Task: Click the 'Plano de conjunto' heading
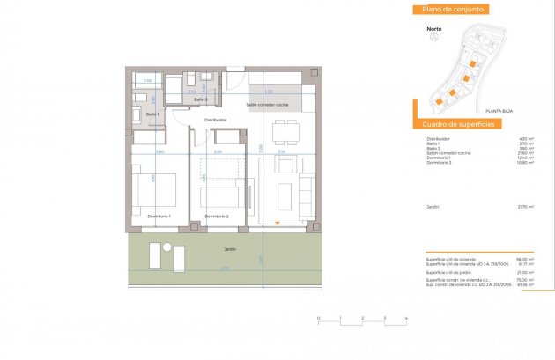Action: tap(453, 10)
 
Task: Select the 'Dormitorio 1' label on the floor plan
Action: tap(158, 216)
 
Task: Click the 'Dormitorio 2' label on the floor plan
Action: tap(217, 216)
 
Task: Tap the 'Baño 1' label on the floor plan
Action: tap(152, 114)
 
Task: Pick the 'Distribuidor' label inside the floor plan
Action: tap(216, 120)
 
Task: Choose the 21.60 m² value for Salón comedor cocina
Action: tap(526, 153)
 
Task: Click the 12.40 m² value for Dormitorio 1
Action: tap(526, 158)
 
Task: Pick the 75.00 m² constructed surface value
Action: tap(526, 279)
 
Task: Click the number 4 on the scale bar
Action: tap(405, 316)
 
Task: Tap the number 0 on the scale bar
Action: tap(318, 316)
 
